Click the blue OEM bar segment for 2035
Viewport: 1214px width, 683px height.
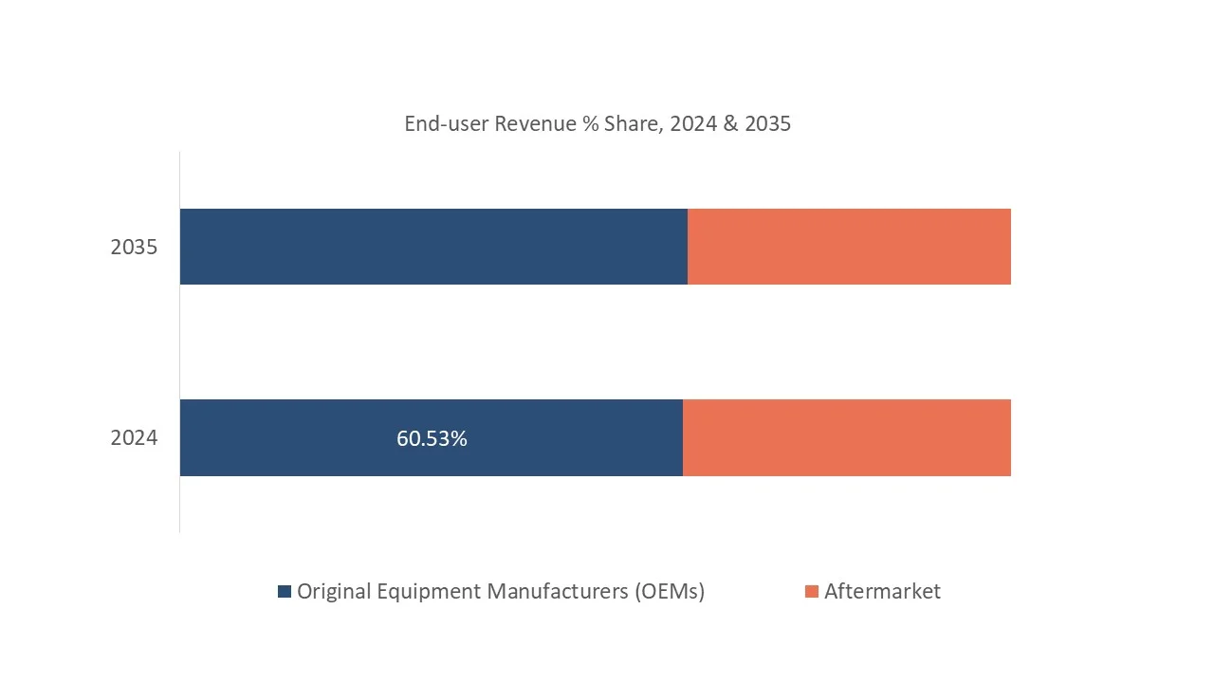click(x=433, y=247)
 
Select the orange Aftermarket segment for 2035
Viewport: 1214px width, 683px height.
click(x=849, y=247)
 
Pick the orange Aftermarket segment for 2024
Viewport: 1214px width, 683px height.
click(x=847, y=437)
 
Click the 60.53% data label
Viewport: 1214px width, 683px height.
click(x=432, y=439)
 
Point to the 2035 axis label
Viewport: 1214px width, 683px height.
click(x=134, y=248)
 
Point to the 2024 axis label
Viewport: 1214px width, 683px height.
click(x=134, y=438)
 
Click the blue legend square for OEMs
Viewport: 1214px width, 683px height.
click(x=285, y=592)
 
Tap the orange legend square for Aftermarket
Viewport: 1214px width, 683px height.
click(x=811, y=592)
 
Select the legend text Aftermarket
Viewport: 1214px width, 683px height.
click(x=882, y=592)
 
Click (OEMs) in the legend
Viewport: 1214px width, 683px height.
click(x=669, y=592)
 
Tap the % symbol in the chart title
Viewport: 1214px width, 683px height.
click(x=591, y=124)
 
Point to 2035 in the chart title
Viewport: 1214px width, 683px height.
click(x=768, y=124)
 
